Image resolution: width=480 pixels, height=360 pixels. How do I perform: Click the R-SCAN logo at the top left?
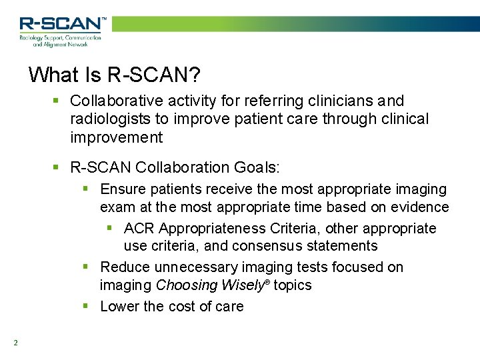61,30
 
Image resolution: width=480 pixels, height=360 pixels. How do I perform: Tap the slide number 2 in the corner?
15,343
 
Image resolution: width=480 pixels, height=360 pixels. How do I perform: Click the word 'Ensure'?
123,190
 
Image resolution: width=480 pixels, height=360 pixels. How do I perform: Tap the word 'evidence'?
421,207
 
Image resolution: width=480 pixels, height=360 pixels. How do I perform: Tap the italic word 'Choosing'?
186,285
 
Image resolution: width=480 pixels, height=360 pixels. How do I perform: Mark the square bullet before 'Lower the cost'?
85,307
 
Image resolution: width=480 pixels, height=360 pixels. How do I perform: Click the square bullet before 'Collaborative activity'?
57,101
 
